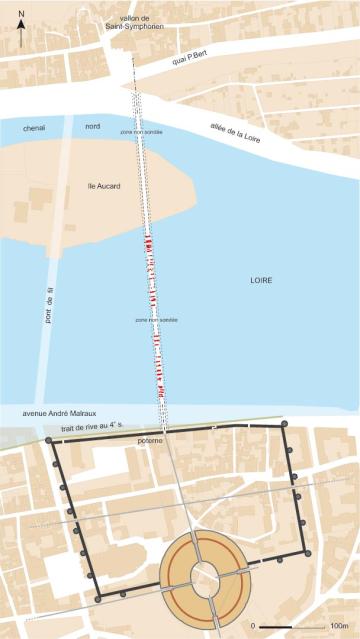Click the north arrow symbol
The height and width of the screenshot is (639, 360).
(21, 34)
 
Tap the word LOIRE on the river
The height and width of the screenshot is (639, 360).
(262, 282)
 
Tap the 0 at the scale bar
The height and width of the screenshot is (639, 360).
(254, 624)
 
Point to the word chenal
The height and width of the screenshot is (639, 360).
(36, 126)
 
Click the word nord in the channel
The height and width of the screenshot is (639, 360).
(92, 126)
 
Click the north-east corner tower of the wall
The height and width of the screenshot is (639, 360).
(285, 424)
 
